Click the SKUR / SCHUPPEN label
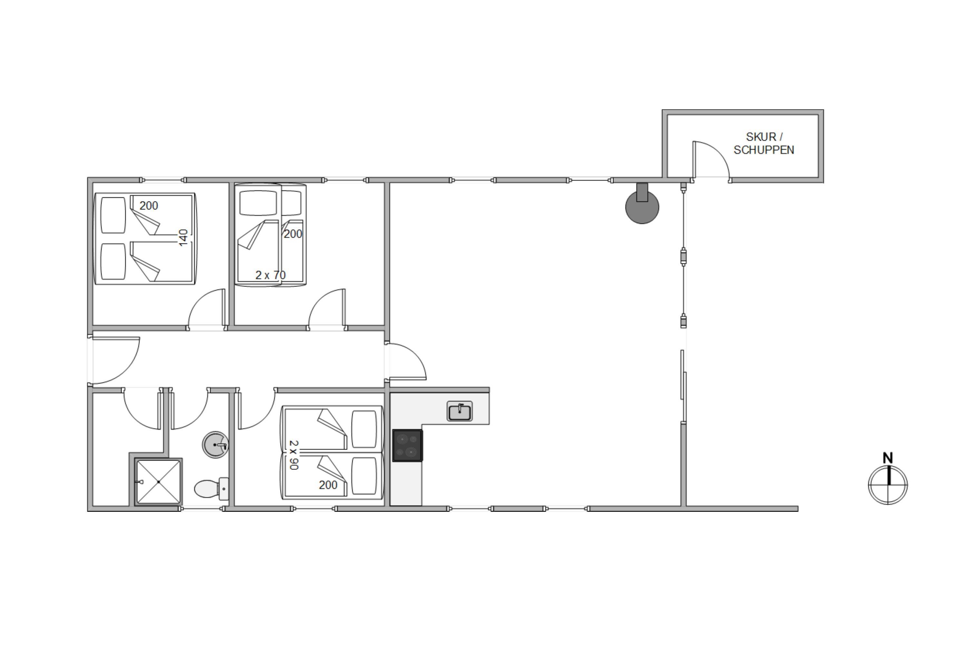[764, 143]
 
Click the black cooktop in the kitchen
[407, 445]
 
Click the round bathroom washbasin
[215, 445]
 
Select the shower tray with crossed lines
[158, 482]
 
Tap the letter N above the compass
[888, 458]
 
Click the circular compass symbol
[888, 485]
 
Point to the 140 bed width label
[183, 238]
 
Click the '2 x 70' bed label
[270, 275]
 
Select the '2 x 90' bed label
[294, 455]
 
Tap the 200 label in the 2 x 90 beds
[328, 485]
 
